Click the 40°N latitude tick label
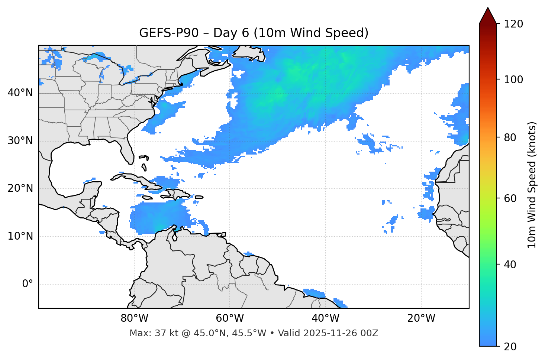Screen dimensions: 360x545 [20, 93]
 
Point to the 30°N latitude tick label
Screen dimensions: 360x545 [20, 141]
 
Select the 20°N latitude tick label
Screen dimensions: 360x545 [20, 188]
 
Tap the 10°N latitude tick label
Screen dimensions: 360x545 [20, 236]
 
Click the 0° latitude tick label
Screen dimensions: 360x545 [28, 284]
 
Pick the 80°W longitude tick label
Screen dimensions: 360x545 [134, 318]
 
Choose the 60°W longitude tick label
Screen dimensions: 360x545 [230, 318]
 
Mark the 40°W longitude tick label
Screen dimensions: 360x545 [325, 318]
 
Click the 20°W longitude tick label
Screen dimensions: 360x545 [421, 318]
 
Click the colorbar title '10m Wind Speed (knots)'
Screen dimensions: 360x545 [532, 185]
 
